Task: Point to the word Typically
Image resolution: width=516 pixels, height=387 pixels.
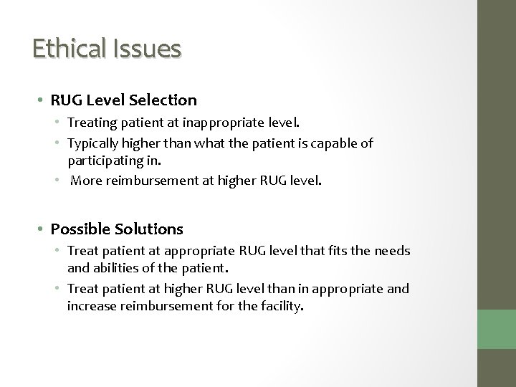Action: click(92, 143)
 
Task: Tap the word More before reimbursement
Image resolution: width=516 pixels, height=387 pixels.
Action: click(86, 181)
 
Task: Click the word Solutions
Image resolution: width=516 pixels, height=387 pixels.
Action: click(148, 229)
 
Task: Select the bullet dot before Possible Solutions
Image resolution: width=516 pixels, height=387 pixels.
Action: click(42, 230)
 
